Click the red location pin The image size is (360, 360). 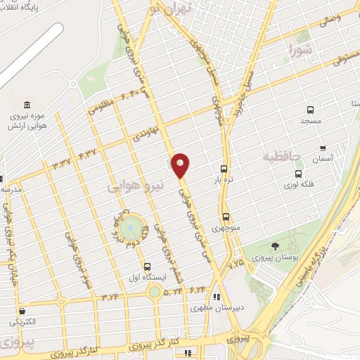181,165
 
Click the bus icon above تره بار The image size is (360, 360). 224,169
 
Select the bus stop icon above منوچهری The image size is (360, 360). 226,217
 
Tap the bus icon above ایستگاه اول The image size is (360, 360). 147,266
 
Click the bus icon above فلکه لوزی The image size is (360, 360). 299,174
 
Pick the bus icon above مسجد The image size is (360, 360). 310,110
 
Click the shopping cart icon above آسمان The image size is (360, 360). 323,148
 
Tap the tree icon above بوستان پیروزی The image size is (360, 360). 274,245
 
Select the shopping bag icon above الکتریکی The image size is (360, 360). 22,311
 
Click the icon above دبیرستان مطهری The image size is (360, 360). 217,297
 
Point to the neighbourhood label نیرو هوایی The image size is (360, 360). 136,187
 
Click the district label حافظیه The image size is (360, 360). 282,155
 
